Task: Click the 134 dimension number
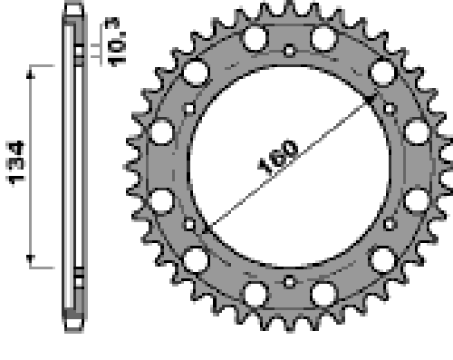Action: click(15, 162)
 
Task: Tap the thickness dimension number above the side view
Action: click(115, 42)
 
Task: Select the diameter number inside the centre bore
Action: click(278, 157)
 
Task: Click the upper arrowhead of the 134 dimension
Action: click(30, 74)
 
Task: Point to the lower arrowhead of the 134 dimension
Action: click(30, 258)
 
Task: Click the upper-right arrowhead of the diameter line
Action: click(368, 100)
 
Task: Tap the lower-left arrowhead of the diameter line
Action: click(207, 228)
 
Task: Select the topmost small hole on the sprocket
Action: click(290, 50)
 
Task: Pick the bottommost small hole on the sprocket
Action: click(290, 282)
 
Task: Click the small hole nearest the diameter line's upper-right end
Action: click(390, 109)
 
